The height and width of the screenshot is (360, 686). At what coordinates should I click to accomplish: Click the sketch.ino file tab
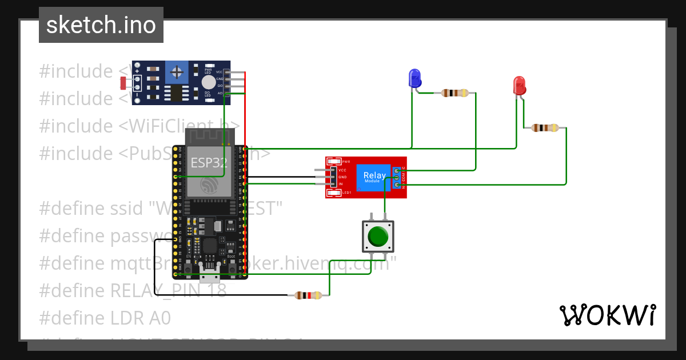click(101, 25)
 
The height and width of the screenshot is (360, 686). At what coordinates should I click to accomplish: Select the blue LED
click(414, 78)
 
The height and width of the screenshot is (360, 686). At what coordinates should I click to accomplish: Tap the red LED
click(519, 85)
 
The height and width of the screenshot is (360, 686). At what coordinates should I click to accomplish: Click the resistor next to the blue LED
click(455, 93)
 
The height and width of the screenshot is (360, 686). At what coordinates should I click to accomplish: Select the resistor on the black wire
click(308, 295)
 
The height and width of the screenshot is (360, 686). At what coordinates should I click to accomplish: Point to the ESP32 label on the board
click(208, 162)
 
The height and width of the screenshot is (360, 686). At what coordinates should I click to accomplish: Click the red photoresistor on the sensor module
click(123, 83)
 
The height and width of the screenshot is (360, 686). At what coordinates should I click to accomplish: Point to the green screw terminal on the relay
click(396, 178)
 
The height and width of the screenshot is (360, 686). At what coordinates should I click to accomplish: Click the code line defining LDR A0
click(105, 318)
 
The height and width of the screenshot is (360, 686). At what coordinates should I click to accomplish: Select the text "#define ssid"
click(91, 207)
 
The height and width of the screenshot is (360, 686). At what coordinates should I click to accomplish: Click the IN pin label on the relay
click(341, 184)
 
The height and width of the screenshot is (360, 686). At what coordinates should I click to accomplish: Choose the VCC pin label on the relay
click(342, 170)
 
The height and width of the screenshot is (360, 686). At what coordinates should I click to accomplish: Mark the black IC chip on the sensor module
click(177, 93)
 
